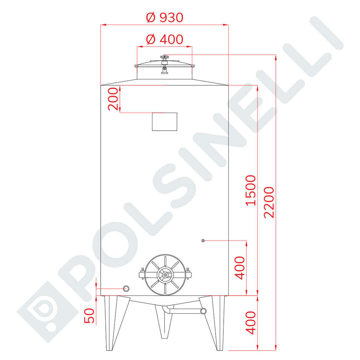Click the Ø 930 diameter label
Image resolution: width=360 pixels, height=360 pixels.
point(165,17)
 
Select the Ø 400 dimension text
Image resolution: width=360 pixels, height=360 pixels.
point(165,39)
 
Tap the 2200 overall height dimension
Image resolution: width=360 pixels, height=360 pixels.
point(270,202)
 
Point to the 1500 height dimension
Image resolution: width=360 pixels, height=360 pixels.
point(250,190)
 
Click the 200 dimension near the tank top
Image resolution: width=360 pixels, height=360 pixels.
point(113,99)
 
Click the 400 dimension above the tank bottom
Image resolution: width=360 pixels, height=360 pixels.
point(240,268)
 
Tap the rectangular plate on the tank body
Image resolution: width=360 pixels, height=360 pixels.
point(165,121)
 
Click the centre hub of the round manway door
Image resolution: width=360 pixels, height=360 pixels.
point(165,275)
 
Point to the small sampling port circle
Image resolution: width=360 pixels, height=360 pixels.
point(203,241)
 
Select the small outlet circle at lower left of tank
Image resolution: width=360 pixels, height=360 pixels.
point(126,288)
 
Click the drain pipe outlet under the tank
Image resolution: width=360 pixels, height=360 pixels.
point(203,311)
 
